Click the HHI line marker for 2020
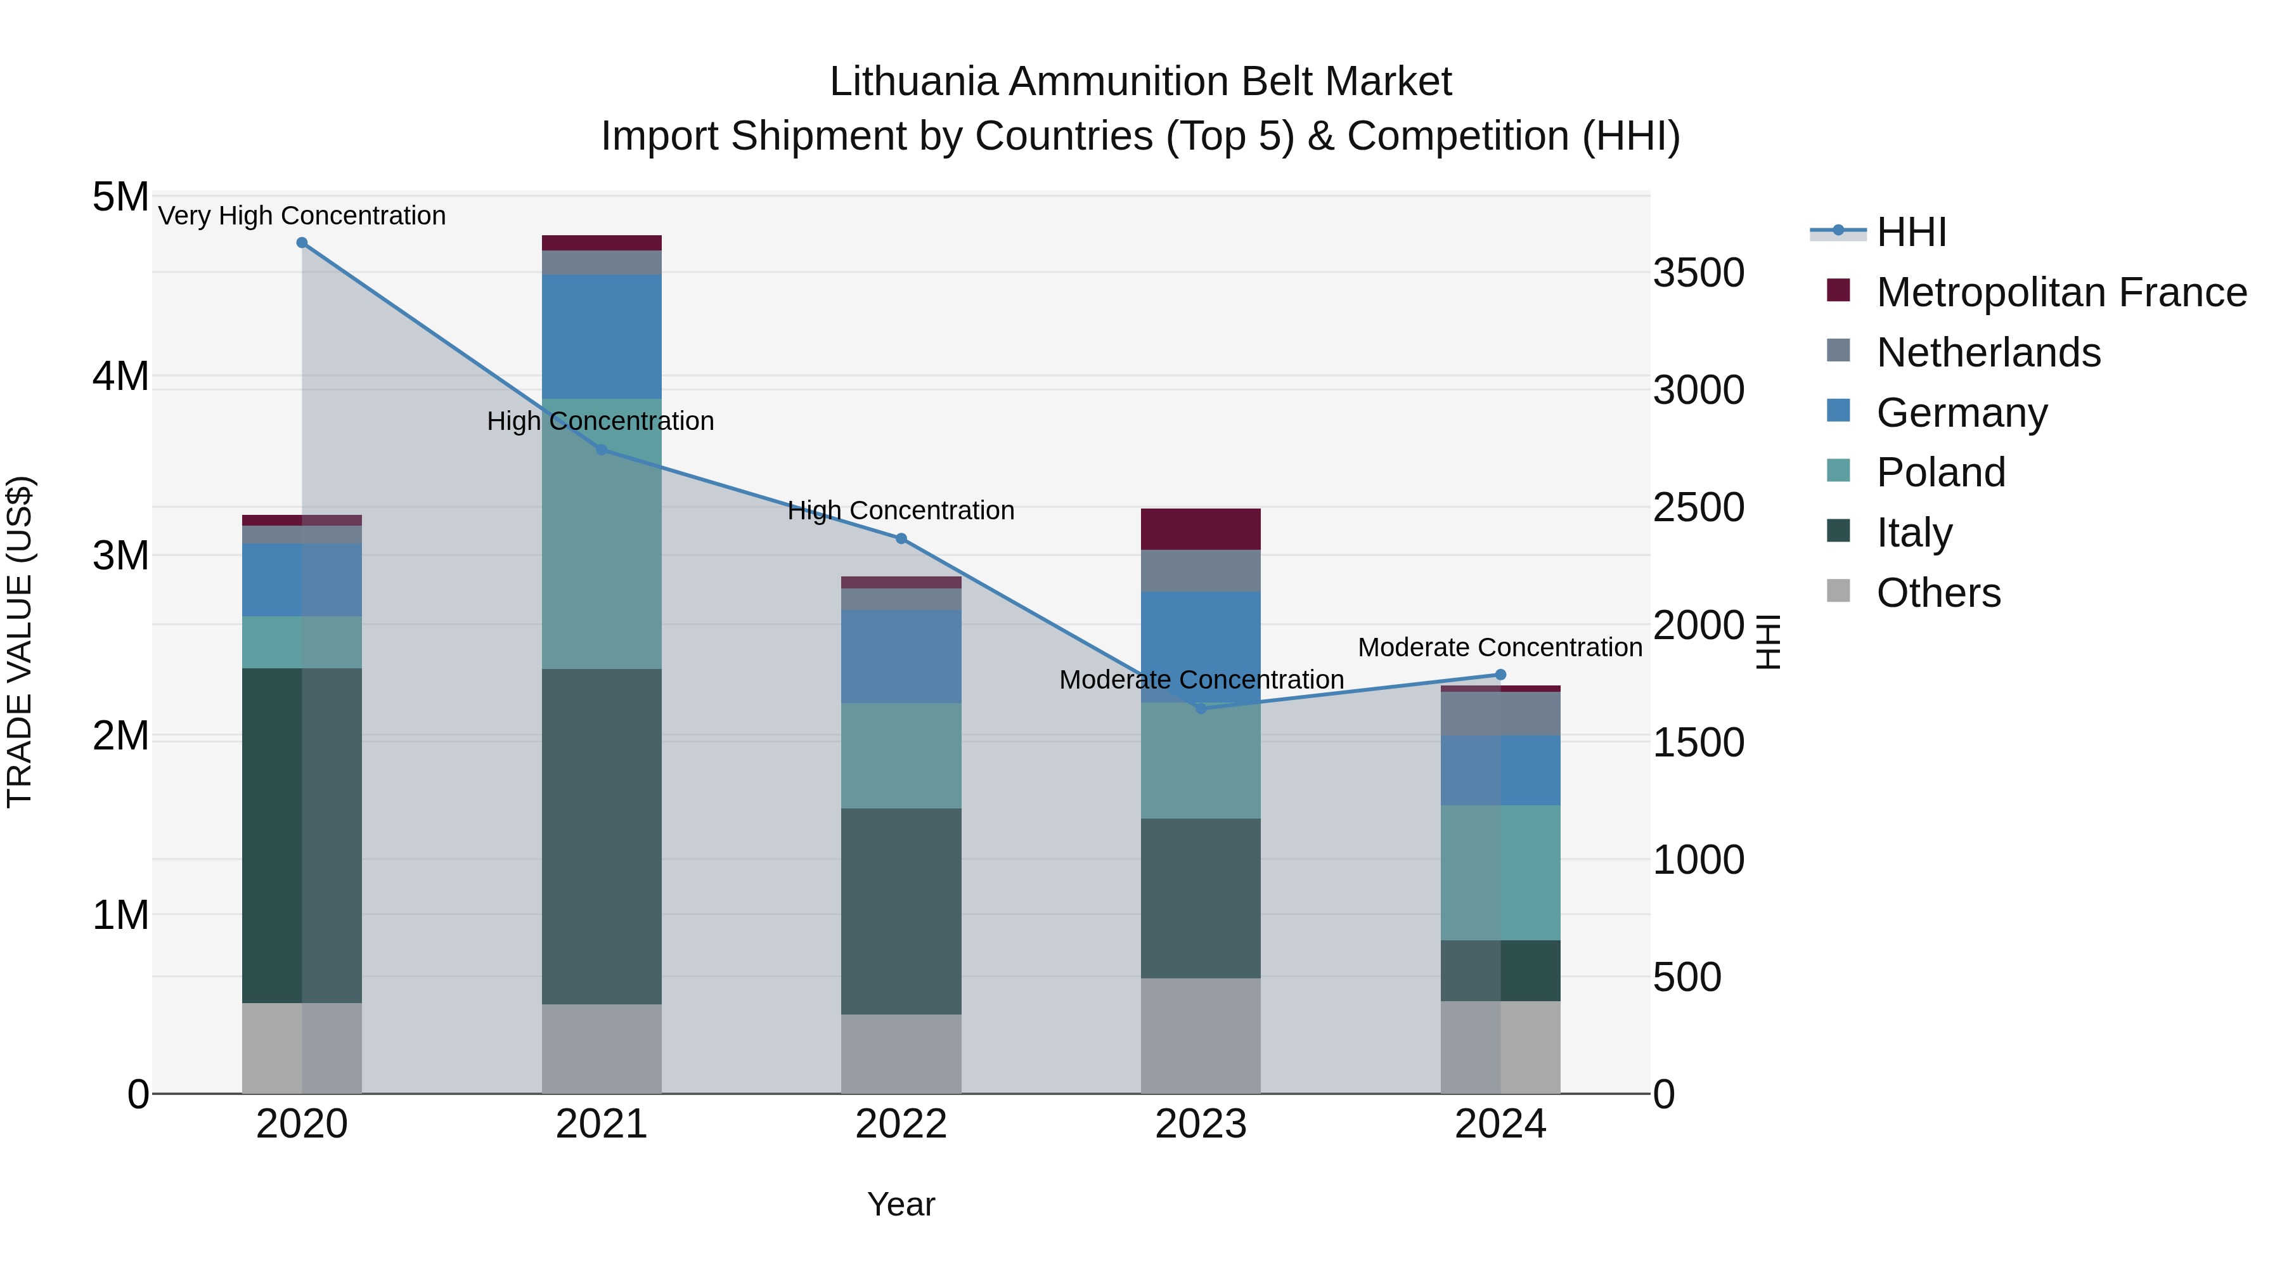[x=302, y=243]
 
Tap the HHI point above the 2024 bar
[x=1500, y=675]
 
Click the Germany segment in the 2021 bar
[x=602, y=337]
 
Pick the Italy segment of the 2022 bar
[x=901, y=911]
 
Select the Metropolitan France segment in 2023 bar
[x=1201, y=529]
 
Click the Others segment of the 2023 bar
[x=1201, y=1036]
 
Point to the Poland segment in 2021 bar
[x=602, y=533]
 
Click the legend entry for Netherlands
[x=1988, y=353]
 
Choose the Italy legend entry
[x=1914, y=533]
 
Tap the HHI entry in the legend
[x=1911, y=232]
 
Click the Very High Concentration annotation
[x=302, y=216]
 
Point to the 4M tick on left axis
[x=120, y=377]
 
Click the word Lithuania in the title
[x=913, y=82]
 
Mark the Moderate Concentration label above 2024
[x=1500, y=648]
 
